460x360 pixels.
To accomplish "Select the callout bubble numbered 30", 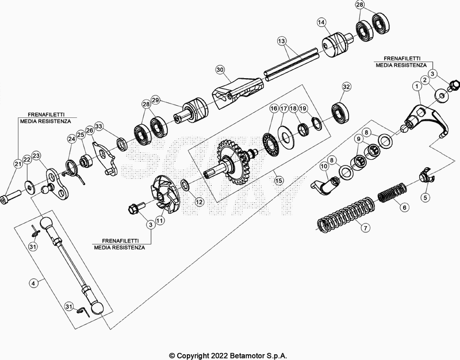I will coord(219,70).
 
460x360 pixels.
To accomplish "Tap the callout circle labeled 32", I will coord(346,86).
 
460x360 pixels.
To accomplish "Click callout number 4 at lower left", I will coord(34,282).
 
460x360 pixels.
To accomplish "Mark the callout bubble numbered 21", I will coord(17,165).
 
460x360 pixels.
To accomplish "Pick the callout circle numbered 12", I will coord(199,201).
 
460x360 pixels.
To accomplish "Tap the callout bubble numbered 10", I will coord(323,167).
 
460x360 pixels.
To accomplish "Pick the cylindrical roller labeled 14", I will coord(333,44).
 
